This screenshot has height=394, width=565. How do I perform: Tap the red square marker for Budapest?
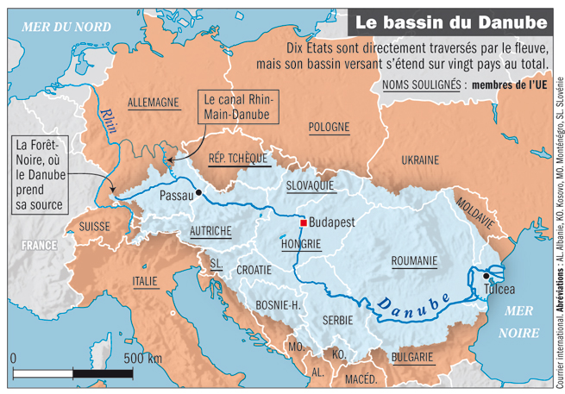(303, 222)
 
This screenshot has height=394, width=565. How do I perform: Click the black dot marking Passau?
(199, 193)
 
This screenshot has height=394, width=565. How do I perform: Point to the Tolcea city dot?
(487, 276)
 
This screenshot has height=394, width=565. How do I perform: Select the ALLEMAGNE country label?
(153, 103)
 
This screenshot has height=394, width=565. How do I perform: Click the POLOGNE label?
(329, 127)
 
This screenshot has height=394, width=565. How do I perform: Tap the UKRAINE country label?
(419, 159)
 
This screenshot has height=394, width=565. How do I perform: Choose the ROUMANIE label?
(414, 260)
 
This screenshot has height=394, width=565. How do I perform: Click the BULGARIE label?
(411, 356)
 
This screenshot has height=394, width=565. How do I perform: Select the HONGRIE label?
(301, 244)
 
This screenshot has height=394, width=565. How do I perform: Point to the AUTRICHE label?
(210, 231)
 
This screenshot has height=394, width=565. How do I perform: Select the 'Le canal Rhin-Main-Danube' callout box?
(236, 107)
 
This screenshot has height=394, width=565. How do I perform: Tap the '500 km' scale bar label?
(142, 358)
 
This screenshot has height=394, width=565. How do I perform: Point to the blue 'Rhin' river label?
(107, 118)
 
